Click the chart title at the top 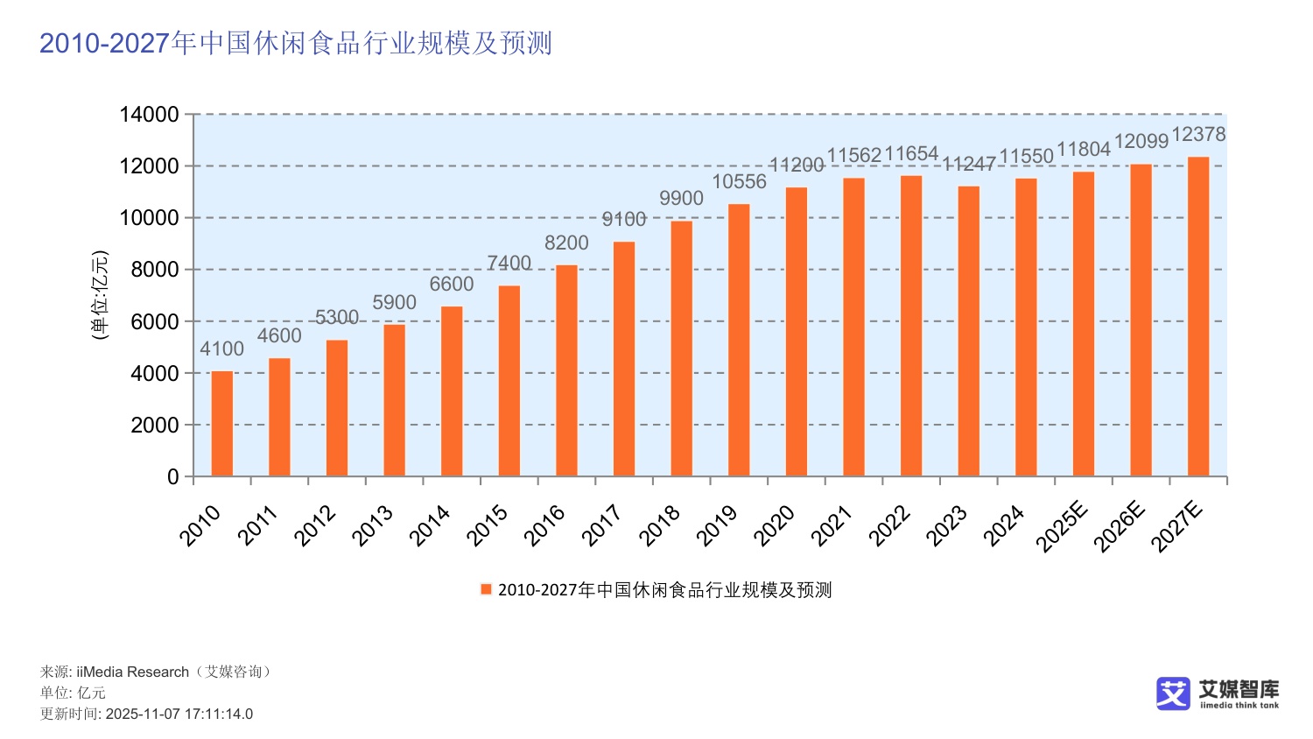click(296, 43)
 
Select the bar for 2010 click(222, 424)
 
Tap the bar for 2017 click(624, 359)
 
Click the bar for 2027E click(1198, 317)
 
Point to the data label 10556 click(739, 181)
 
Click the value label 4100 click(221, 348)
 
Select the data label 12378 click(1198, 134)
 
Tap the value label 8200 click(566, 243)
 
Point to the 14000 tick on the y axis click(149, 115)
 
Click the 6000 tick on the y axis click(154, 321)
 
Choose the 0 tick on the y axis click(172, 477)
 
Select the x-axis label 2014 click(430, 525)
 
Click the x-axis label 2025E click(1062, 528)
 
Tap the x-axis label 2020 click(775, 525)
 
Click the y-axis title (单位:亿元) click(100, 295)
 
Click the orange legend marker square click(486, 589)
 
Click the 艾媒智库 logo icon click(1173, 693)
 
